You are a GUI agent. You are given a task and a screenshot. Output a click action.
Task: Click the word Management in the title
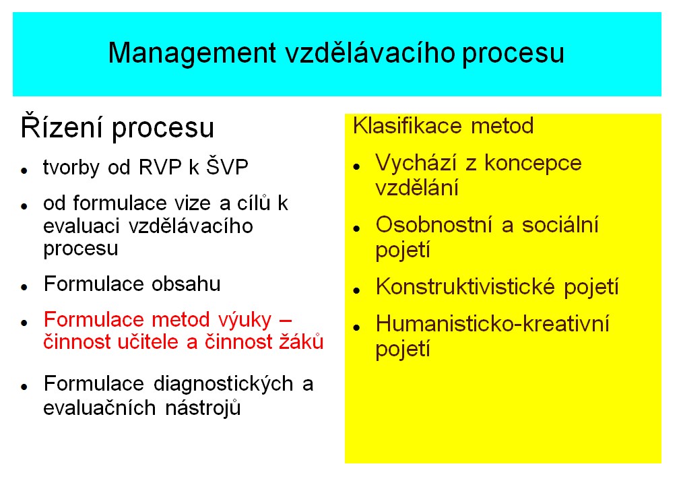(192, 54)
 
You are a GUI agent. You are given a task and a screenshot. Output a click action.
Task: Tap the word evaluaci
(82, 226)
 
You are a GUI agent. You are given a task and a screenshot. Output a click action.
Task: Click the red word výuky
(245, 321)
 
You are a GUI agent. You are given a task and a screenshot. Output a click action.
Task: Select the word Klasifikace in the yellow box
(408, 126)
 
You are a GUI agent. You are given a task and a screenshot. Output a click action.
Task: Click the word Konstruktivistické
(465, 287)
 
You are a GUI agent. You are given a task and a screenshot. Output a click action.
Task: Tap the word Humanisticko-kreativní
(492, 324)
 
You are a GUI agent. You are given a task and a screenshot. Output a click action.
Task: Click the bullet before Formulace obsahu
(24, 286)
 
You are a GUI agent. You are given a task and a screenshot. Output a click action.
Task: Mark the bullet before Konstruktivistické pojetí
(357, 290)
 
